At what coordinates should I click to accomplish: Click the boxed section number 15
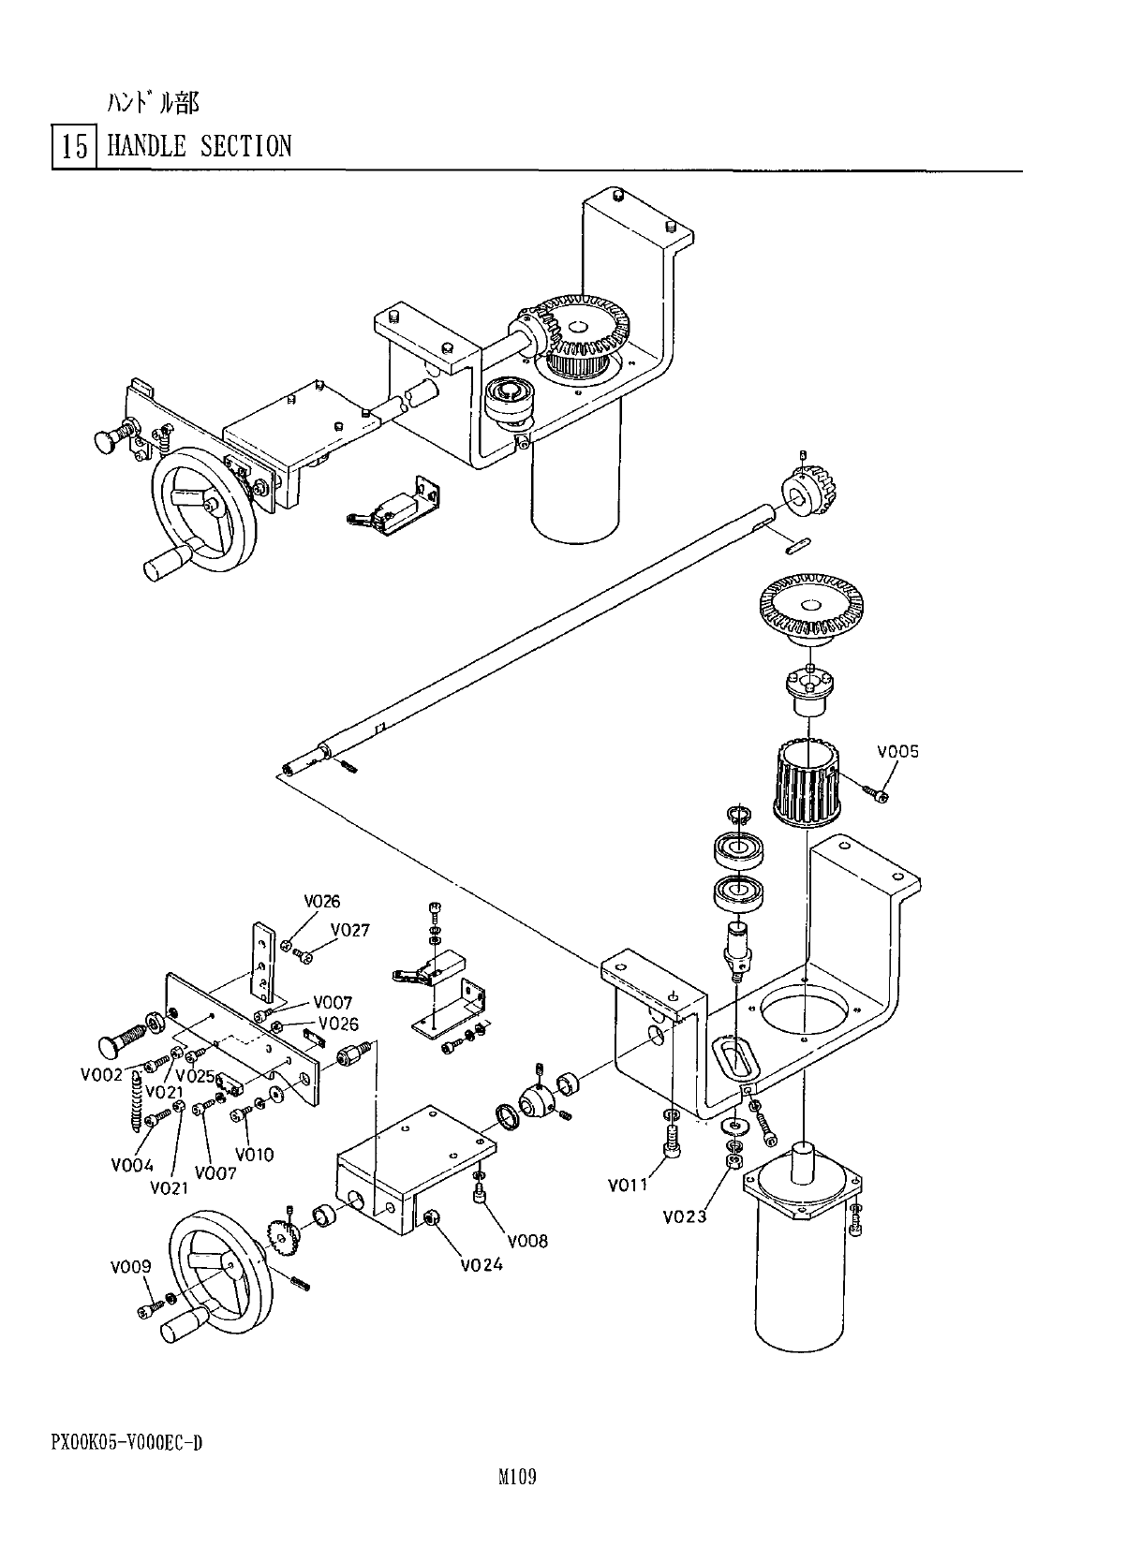click(x=75, y=147)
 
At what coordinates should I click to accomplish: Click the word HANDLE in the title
click(x=146, y=146)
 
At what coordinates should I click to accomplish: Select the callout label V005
click(x=897, y=751)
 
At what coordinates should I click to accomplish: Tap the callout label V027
click(x=350, y=930)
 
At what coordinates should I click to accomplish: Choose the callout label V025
click(x=196, y=1076)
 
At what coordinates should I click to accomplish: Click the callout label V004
click(x=132, y=1165)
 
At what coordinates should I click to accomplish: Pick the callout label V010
click(x=255, y=1154)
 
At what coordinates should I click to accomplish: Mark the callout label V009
click(x=130, y=1266)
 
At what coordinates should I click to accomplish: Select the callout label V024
click(x=482, y=1264)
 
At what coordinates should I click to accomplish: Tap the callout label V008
click(x=527, y=1241)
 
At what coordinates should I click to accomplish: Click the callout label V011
click(x=628, y=1184)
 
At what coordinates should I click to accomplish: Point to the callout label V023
click(x=685, y=1216)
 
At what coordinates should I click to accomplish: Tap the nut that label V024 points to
click(x=431, y=1218)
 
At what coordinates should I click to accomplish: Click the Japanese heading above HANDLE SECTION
click(x=153, y=104)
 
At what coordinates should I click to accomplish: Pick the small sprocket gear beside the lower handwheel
click(x=282, y=1238)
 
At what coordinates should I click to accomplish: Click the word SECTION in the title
click(x=246, y=146)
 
